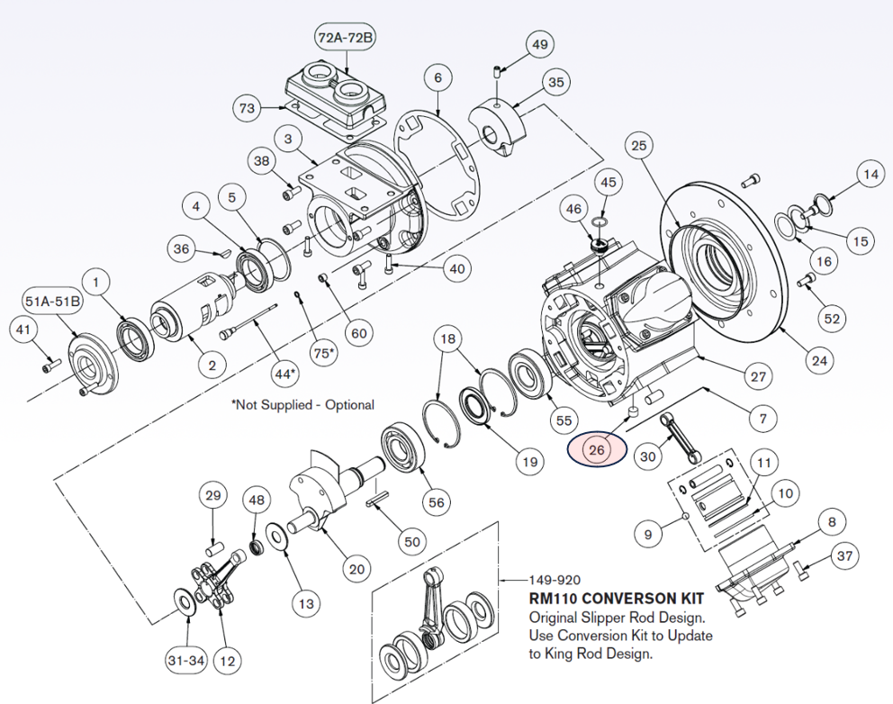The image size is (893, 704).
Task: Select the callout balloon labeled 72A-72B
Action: [x=345, y=39]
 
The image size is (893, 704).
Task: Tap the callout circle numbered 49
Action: [x=539, y=45]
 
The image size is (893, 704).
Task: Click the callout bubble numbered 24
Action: [x=818, y=362]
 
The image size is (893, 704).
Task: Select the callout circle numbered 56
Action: [x=437, y=502]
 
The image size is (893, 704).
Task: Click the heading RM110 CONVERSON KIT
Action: [x=616, y=598]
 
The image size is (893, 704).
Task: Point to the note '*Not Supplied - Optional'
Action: [x=302, y=405]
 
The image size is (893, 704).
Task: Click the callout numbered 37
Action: [x=843, y=556]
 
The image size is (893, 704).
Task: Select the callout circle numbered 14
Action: [x=869, y=175]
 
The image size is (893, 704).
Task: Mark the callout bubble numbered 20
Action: [x=356, y=569]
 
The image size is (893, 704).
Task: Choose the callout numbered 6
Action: [x=437, y=78]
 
